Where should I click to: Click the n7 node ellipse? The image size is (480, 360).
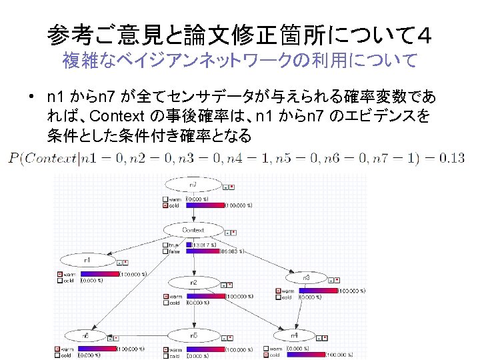[x=193, y=184]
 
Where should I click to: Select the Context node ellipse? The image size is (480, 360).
[x=193, y=230]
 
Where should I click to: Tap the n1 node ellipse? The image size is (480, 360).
[x=87, y=259]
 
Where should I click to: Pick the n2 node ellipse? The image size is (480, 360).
[x=193, y=281]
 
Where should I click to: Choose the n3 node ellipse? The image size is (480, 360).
[x=306, y=277]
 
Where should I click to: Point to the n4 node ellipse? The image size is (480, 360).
[x=293, y=335]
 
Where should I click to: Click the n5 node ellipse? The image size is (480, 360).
[x=193, y=335]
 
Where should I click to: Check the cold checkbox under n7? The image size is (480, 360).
[x=165, y=205]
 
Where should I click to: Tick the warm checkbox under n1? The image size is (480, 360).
[x=59, y=274]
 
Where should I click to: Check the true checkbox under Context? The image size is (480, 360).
[x=165, y=245]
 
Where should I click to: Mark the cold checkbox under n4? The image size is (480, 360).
[x=267, y=355]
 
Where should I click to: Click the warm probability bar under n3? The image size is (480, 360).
[x=318, y=291]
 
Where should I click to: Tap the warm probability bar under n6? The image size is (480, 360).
[x=97, y=349]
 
